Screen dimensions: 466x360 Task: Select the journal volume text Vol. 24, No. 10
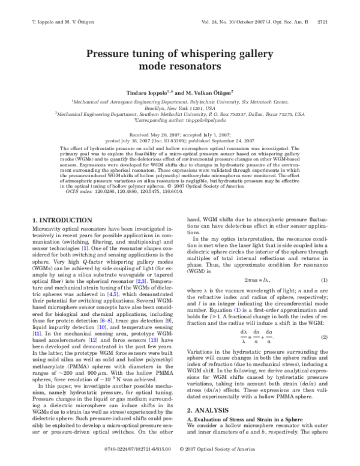click(224, 21)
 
